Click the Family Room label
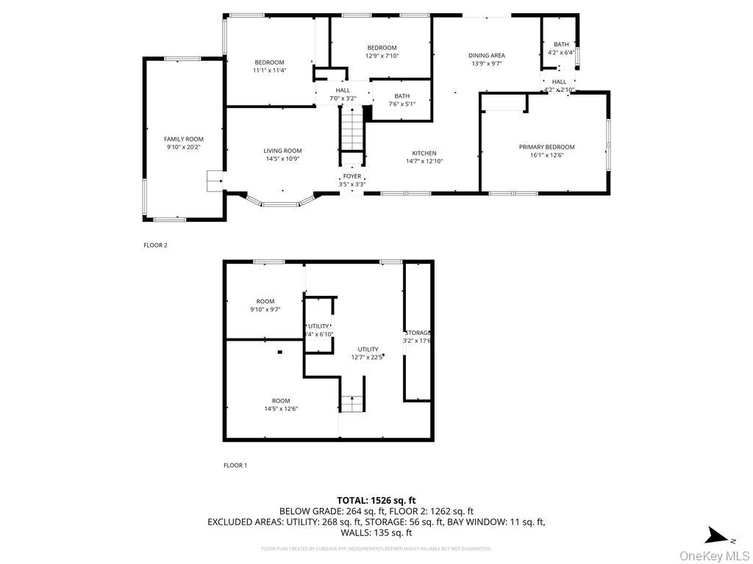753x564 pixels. click(x=183, y=139)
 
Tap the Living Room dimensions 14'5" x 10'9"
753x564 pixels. click(x=282, y=159)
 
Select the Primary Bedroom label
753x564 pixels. click(x=546, y=147)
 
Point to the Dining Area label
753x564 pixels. click(x=487, y=55)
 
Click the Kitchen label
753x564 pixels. click(x=424, y=153)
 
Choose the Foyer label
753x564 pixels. click(x=351, y=176)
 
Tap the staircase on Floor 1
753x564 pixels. click(x=351, y=403)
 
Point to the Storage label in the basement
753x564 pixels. click(x=417, y=333)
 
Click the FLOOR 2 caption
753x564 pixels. click(x=155, y=245)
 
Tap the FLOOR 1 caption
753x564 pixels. click(x=235, y=465)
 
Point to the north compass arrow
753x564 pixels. click(x=715, y=536)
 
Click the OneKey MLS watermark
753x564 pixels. click(x=714, y=555)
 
